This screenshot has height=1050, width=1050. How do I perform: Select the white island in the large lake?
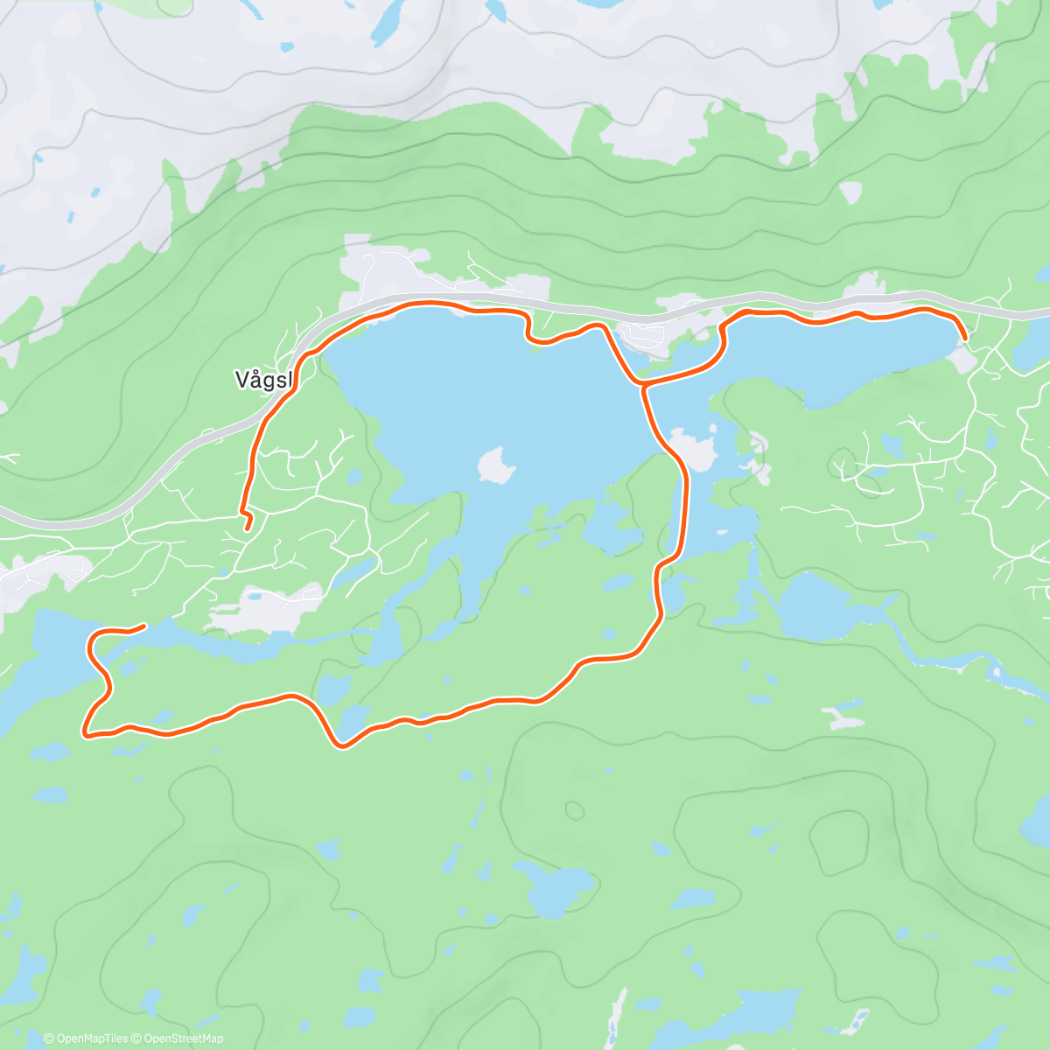tap(495, 465)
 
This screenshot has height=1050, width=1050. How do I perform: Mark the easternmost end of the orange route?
tap(964, 337)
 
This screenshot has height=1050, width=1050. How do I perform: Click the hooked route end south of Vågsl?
tap(247, 528)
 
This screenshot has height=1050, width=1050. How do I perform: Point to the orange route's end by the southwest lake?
tap(143, 625)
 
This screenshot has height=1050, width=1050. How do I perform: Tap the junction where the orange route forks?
tap(642, 384)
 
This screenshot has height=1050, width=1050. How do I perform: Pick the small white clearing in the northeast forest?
tap(850, 192)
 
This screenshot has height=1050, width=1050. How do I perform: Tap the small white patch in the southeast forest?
tap(842, 719)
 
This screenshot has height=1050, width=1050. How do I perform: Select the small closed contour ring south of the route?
tap(574, 810)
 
